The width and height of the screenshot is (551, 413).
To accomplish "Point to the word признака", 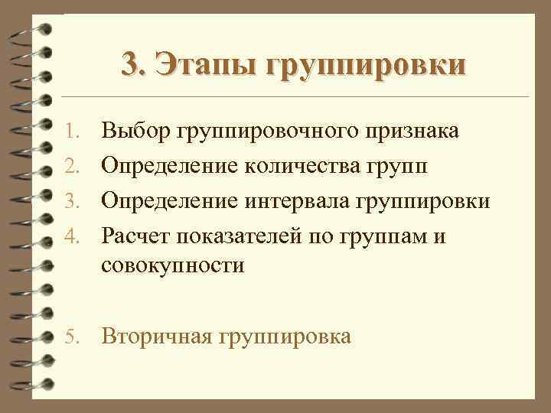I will click(412, 132).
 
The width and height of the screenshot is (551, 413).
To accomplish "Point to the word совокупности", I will click(172, 266).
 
